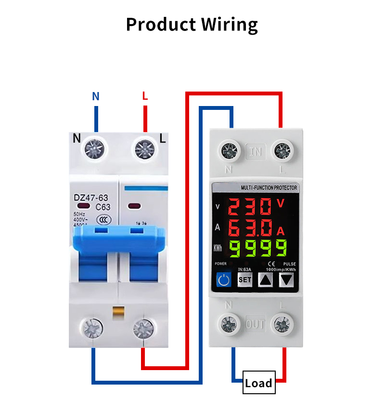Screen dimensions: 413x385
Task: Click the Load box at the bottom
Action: pos(259,383)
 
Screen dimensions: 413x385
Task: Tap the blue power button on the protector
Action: pos(223,279)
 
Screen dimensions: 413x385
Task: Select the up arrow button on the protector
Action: pos(266,279)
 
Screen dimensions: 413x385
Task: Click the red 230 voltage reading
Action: pos(250,207)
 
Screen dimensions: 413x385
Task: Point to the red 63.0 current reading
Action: pos(250,227)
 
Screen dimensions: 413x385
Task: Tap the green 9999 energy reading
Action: pos(257,248)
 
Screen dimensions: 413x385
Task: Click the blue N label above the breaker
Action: pos(96,96)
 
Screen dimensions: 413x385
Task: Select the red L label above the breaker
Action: pos(145,96)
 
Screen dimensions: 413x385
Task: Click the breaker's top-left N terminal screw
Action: pos(95,148)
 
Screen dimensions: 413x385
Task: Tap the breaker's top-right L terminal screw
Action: pos(143,148)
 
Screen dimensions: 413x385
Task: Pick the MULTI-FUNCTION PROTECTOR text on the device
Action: pos(269,188)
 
